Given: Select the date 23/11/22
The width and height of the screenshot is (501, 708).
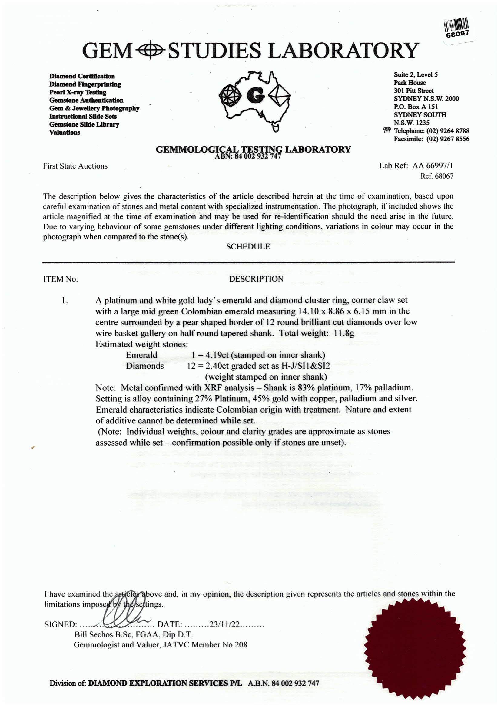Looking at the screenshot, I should [x=224, y=624].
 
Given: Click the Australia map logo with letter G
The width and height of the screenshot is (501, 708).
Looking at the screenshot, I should [x=255, y=99].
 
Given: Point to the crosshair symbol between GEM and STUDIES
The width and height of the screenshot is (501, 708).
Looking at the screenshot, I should [x=151, y=51].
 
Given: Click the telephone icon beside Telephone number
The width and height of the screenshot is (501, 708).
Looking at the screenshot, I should [x=387, y=130].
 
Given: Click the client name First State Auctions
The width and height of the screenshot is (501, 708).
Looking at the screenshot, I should [x=75, y=166].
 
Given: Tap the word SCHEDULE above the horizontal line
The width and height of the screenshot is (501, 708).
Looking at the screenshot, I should [x=248, y=247].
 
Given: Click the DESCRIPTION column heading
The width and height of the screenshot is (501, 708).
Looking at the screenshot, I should [x=256, y=279].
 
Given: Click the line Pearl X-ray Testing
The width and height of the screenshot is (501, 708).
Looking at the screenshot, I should [x=78, y=92].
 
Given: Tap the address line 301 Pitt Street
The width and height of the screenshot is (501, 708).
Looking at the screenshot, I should [x=413, y=91].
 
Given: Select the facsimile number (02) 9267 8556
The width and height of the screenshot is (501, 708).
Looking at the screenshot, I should [x=448, y=139].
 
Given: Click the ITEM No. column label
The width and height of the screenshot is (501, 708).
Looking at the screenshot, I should [x=61, y=279].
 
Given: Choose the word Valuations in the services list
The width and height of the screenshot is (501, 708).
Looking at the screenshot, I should [x=65, y=132].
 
